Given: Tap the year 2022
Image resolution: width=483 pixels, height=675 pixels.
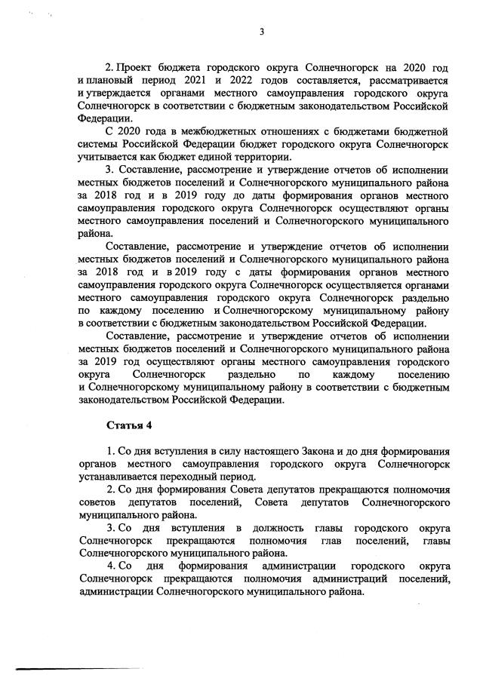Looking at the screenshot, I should (304, 79).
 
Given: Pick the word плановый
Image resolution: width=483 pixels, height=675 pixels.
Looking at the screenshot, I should (115, 79).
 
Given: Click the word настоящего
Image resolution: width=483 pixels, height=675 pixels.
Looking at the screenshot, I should (245, 451).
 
